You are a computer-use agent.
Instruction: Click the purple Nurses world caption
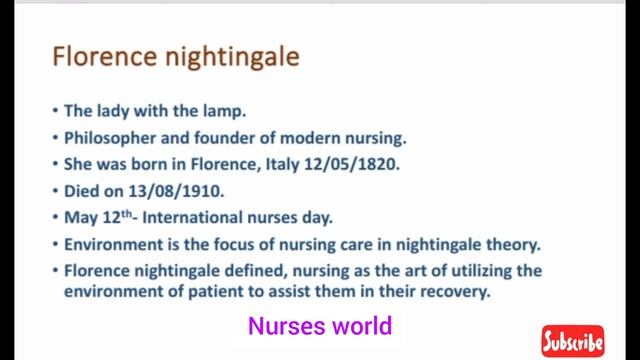point(319,326)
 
